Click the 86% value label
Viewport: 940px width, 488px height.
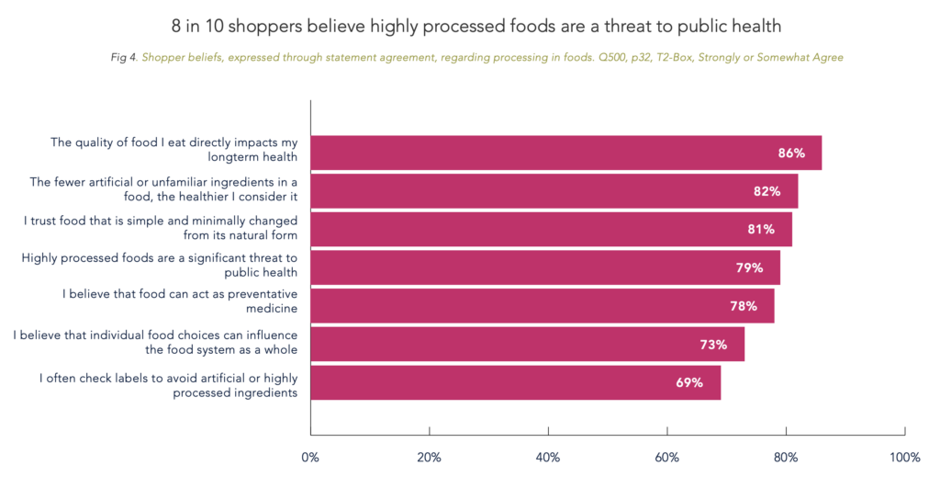[791, 153]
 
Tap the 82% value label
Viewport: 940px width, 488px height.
[767, 191]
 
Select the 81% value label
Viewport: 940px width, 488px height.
[761, 229]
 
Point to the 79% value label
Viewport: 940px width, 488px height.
[749, 267]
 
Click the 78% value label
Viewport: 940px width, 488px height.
[744, 306]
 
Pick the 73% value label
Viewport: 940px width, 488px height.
[713, 345]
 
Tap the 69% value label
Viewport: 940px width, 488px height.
[689, 382]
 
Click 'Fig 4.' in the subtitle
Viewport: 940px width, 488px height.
[123, 57]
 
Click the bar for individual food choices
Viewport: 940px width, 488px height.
[527, 345]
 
